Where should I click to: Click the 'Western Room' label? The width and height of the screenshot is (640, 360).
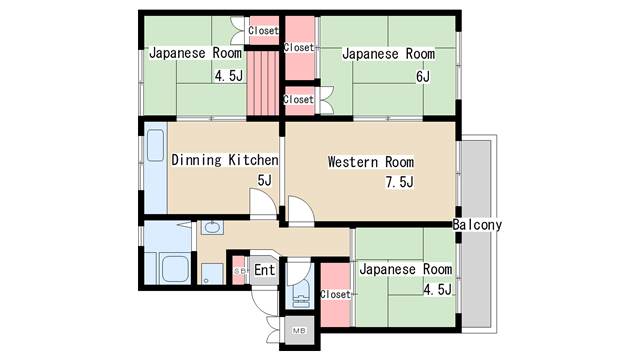coord(371,162)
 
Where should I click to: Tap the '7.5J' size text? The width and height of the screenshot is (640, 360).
coord(399,182)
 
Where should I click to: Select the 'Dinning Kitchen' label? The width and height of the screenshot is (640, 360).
coord(224,160)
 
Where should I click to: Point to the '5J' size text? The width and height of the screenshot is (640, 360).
coord(264,180)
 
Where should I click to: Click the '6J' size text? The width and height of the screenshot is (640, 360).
coord(423,76)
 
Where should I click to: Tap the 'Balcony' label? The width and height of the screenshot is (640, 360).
coord(477,224)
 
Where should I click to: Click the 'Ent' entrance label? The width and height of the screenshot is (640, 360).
coord(264,270)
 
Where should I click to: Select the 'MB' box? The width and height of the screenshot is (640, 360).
coord(299,330)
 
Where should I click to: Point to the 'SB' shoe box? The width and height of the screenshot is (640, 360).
coord(240,271)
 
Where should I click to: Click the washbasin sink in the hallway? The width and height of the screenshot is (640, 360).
coord(212,227)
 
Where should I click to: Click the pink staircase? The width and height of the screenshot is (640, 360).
coord(262,83)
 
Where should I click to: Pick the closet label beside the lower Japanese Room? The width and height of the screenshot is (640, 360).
coord(336,294)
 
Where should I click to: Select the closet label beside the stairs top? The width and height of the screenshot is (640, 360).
coord(263,30)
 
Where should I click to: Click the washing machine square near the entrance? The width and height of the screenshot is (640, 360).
coord(212,274)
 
